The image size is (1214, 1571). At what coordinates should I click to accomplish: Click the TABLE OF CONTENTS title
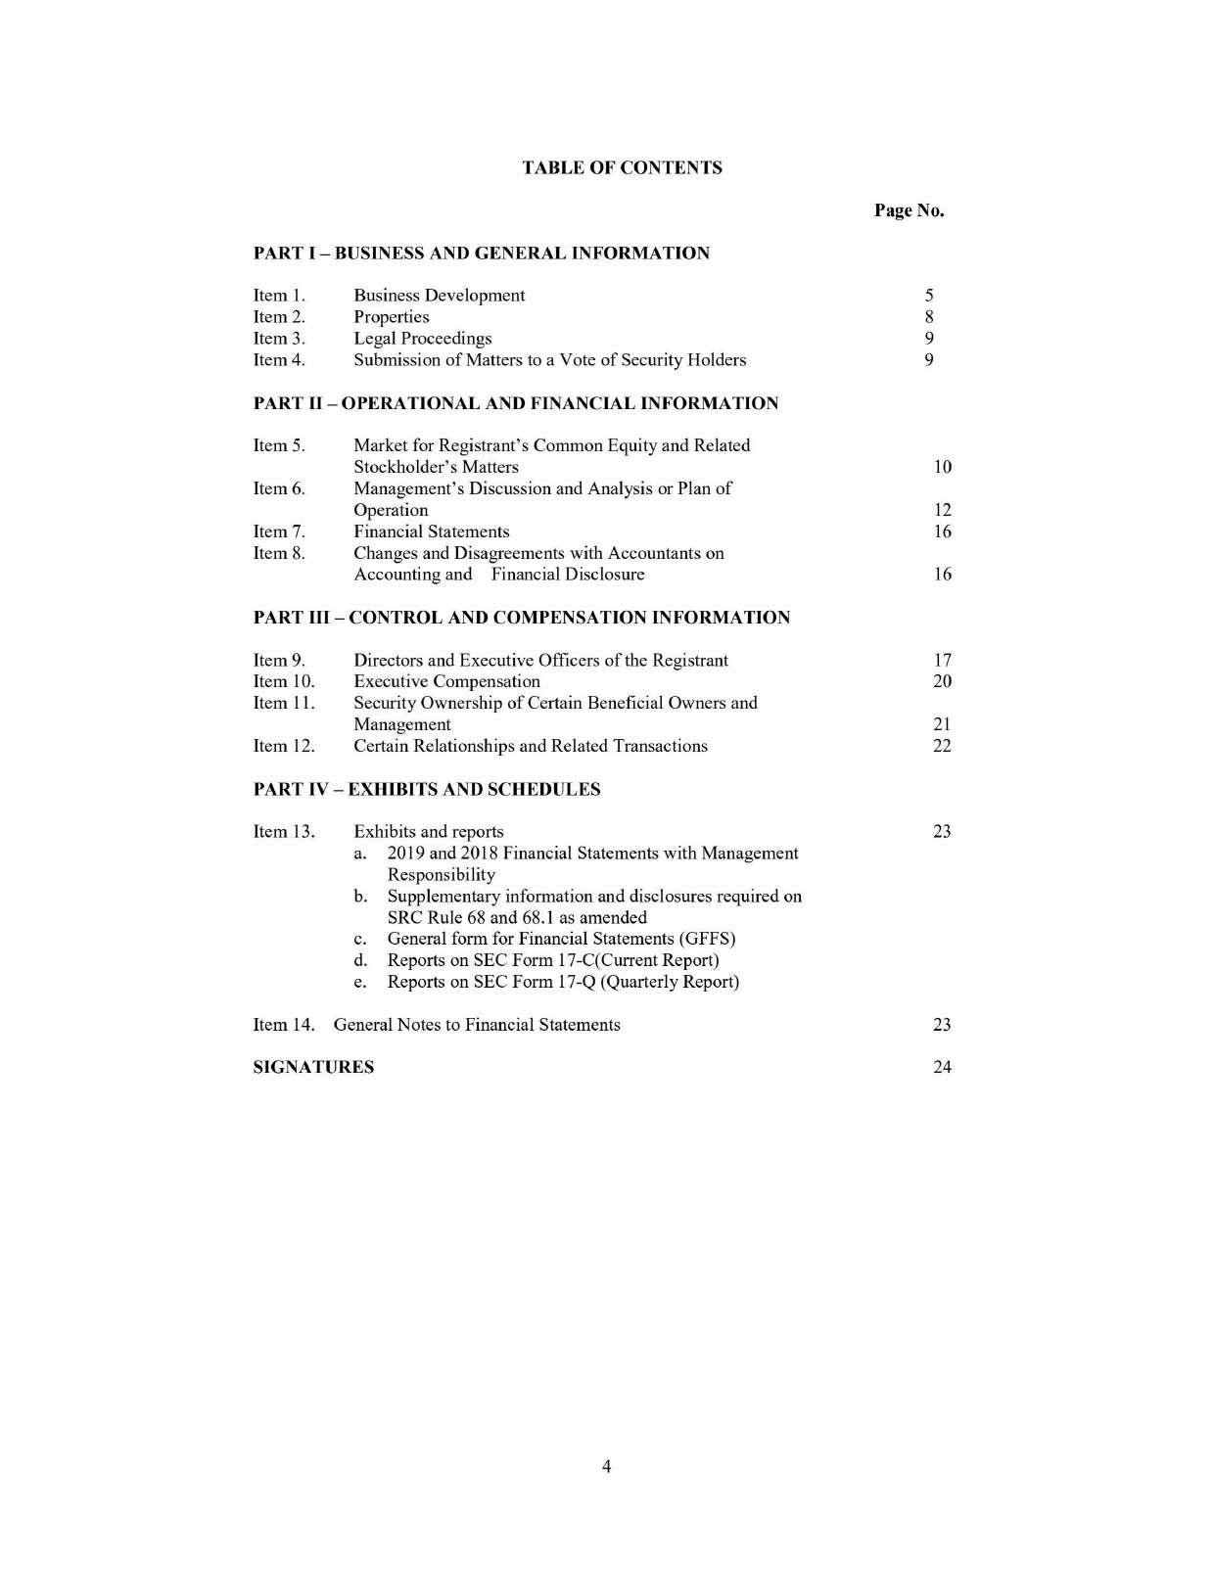click(622, 167)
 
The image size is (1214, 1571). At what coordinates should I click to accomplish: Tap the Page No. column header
click(909, 210)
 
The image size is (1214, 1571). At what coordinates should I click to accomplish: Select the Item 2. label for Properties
click(279, 317)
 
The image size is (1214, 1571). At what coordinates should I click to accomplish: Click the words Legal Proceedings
click(422, 339)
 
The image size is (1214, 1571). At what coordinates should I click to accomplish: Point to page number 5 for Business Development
click(929, 296)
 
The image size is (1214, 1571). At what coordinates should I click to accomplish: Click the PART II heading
click(516, 403)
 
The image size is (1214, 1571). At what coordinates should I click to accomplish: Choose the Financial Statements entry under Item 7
click(431, 531)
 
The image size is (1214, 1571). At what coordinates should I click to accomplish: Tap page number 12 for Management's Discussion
click(942, 510)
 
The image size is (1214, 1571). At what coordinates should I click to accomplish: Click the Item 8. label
click(279, 553)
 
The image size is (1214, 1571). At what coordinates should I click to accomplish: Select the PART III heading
click(521, 618)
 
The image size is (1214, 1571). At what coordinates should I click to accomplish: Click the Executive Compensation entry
click(446, 681)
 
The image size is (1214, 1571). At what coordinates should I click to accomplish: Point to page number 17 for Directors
click(942, 661)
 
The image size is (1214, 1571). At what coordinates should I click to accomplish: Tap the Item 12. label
click(284, 746)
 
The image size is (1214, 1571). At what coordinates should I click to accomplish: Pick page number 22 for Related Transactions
click(942, 746)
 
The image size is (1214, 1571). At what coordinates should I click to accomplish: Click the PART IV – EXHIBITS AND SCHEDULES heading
click(427, 789)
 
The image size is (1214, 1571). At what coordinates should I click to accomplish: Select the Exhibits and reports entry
click(428, 832)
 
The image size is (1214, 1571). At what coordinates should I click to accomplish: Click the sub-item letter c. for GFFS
click(360, 940)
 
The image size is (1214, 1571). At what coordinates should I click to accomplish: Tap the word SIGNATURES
click(313, 1067)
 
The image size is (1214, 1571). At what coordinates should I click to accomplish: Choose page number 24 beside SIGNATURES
click(942, 1067)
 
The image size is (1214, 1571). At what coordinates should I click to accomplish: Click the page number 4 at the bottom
click(607, 1466)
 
